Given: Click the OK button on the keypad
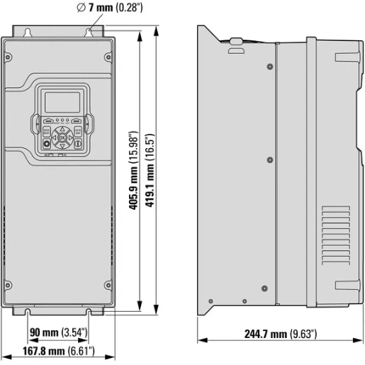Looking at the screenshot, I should pos(62,137).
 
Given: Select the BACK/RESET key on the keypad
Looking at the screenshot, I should pos(47,130).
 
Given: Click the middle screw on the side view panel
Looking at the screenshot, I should pos(269,160).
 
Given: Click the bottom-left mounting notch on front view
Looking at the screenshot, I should pos(28,310).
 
